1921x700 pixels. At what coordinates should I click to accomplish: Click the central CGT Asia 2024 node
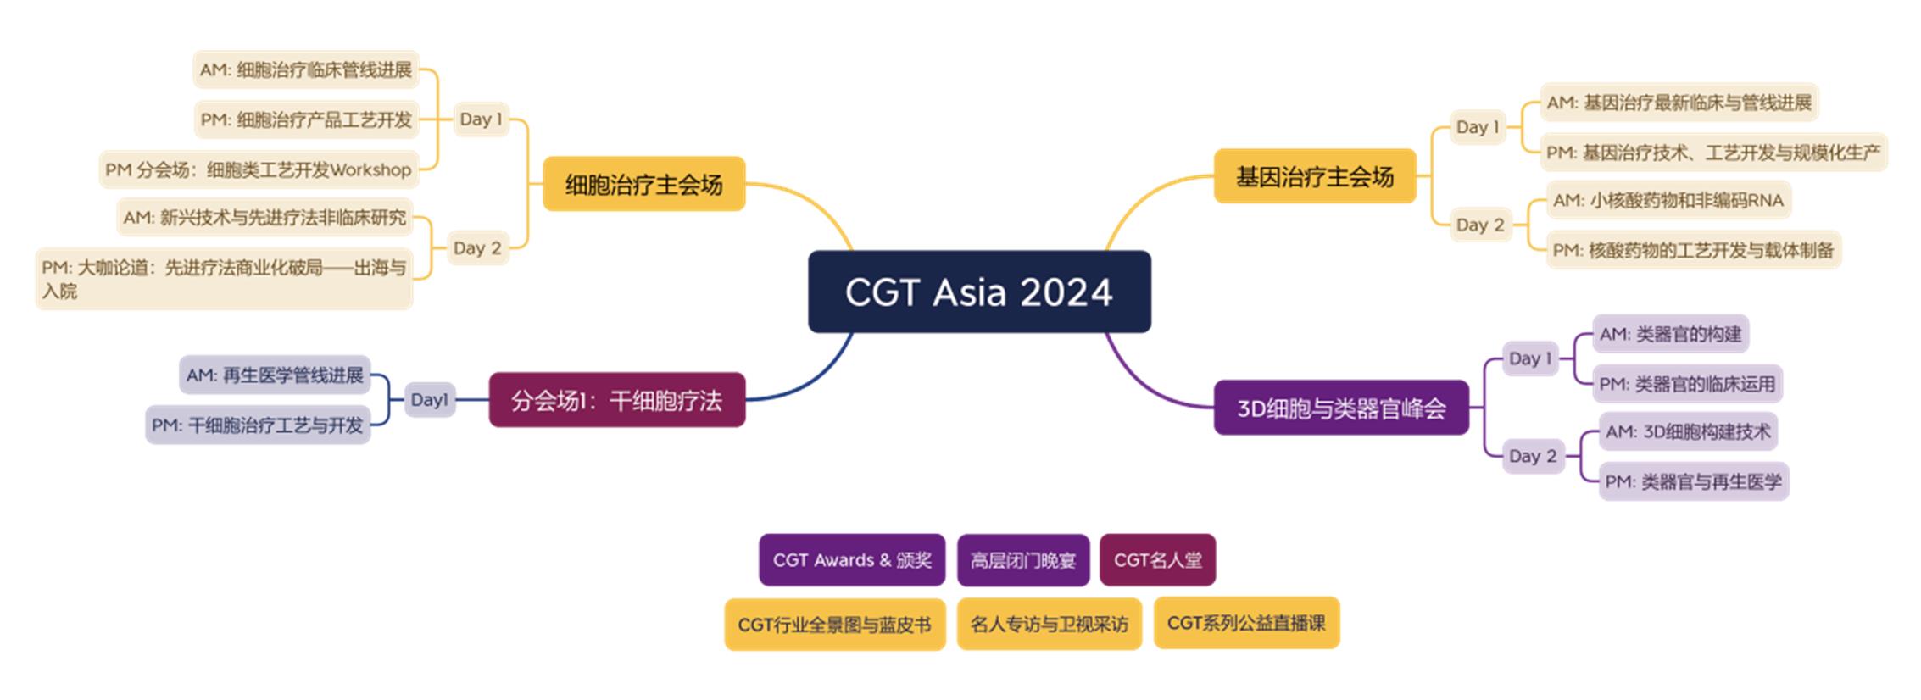point(979,292)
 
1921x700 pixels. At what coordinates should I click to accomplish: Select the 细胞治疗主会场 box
point(644,184)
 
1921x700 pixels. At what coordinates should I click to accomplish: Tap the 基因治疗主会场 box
point(1315,176)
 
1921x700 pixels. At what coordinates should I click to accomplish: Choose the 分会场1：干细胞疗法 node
point(617,400)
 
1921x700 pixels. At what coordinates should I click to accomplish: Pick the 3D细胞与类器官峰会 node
point(1341,408)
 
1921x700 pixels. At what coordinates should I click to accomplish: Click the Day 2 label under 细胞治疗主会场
point(477,248)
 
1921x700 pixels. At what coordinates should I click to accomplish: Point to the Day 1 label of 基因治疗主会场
point(1478,127)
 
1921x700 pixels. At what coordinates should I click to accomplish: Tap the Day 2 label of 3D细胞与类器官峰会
point(1533,456)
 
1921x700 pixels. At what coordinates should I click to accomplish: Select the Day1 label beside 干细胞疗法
point(429,400)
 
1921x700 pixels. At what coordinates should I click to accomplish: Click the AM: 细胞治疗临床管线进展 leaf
point(306,69)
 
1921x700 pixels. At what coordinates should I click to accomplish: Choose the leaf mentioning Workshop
point(259,169)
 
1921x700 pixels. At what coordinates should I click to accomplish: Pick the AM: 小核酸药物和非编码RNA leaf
point(1668,200)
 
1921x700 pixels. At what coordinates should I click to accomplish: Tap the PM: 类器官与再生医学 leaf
point(1694,481)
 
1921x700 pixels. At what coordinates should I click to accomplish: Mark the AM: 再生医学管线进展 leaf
point(275,375)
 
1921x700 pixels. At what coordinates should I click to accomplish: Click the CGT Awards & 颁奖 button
point(852,560)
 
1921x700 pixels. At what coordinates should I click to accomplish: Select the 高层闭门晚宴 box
point(1023,560)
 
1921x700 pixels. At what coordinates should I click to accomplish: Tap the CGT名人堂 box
point(1158,560)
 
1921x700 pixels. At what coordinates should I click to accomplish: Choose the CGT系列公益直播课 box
point(1246,623)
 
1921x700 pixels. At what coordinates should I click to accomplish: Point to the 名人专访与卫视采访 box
point(1050,625)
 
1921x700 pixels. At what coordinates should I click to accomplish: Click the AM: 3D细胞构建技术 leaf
point(1688,431)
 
